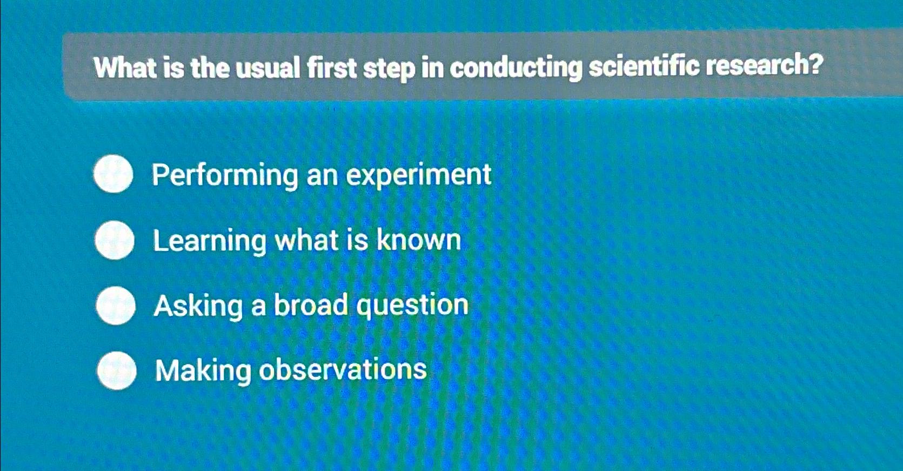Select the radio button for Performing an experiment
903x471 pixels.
click(113, 174)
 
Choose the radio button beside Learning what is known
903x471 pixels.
click(115, 240)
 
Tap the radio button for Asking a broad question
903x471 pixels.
click(116, 306)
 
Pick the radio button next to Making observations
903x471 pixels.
click(117, 370)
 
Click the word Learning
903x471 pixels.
click(209, 241)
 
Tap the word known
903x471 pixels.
click(419, 240)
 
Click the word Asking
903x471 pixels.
click(198, 307)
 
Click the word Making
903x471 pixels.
click(203, 372)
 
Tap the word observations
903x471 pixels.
click(343, 370)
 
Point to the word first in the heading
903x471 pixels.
click(331, 69)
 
